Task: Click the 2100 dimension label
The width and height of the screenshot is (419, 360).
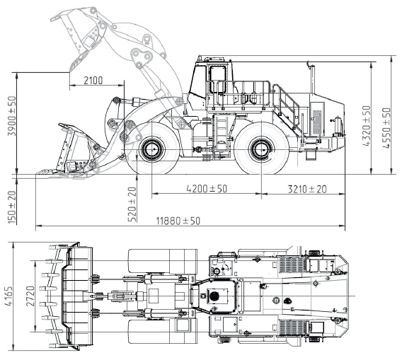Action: point(93,80)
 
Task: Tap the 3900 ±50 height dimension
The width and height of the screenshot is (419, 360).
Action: point(12,116)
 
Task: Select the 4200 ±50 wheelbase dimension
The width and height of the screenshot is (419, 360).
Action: point(207,189)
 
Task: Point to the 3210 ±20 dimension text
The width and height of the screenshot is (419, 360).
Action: point(307,189)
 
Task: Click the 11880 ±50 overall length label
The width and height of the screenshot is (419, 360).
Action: point(178,221)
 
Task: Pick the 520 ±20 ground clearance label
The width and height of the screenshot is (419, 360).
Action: point(132,204)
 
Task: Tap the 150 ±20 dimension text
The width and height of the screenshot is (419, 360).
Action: point(12,207)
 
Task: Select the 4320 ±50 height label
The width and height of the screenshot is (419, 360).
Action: point(367,126)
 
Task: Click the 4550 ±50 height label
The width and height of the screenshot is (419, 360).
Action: point(386,127)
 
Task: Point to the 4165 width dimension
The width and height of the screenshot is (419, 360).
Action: point(8,296)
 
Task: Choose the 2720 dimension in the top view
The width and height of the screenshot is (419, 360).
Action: point(30,296)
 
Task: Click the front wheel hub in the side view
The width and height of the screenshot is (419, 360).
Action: point(151,149)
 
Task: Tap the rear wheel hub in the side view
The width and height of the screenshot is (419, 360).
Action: point(261,149)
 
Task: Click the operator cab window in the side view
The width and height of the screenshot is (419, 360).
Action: point(218,79)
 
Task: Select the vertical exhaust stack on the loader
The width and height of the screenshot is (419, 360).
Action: point(312,79)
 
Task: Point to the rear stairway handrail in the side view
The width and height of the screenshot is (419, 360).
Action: point(287,107)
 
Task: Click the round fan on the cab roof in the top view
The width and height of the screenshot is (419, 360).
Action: point(214,296)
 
